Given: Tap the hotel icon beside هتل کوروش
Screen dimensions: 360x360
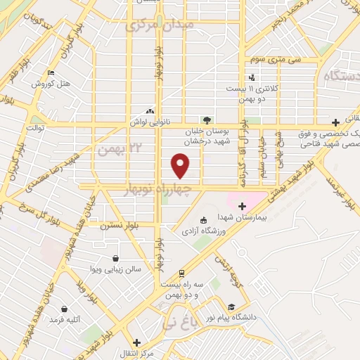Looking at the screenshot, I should (50, 73).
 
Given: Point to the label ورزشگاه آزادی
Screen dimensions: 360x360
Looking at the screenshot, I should (205, 230).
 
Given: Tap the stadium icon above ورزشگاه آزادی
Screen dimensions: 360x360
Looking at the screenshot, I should (204, 219).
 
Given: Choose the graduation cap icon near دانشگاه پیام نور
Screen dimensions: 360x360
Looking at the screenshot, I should (231, 307).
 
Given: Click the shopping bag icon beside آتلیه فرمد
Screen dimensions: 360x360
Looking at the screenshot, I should (65, 308).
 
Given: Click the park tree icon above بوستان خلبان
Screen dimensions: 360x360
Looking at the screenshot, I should (206, 120).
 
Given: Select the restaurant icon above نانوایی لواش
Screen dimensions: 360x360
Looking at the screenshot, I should (149, 111).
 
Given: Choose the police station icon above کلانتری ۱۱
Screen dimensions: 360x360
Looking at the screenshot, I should (252, 78).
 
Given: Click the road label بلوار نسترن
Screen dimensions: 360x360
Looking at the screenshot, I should (116, 226).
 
